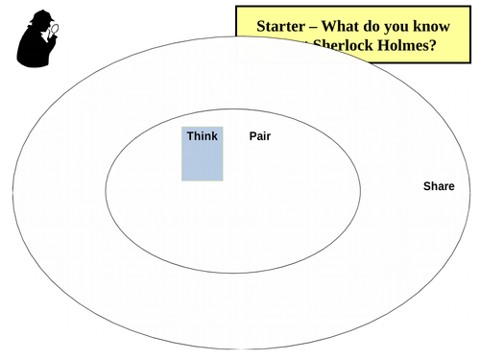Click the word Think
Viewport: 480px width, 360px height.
click(203, 136)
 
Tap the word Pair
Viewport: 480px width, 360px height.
click(260, 136)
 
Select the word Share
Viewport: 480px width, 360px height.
click(439, 186)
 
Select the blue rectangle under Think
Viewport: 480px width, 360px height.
click(203, 161)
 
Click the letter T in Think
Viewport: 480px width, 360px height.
click(190, 136)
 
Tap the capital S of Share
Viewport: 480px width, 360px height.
click(427, 186)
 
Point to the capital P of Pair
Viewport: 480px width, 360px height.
click(252, 136)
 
